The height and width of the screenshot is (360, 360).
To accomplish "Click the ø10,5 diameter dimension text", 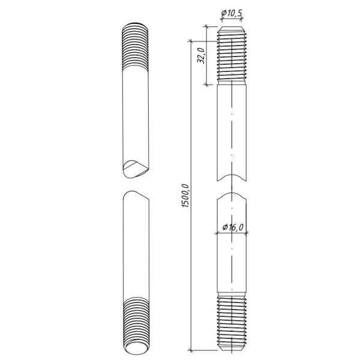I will click(x=232, y=13).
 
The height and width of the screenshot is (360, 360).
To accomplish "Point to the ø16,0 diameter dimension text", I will click(x=232, y=227).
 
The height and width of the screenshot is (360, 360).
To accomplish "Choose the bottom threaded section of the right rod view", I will click(x=232, y=322).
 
